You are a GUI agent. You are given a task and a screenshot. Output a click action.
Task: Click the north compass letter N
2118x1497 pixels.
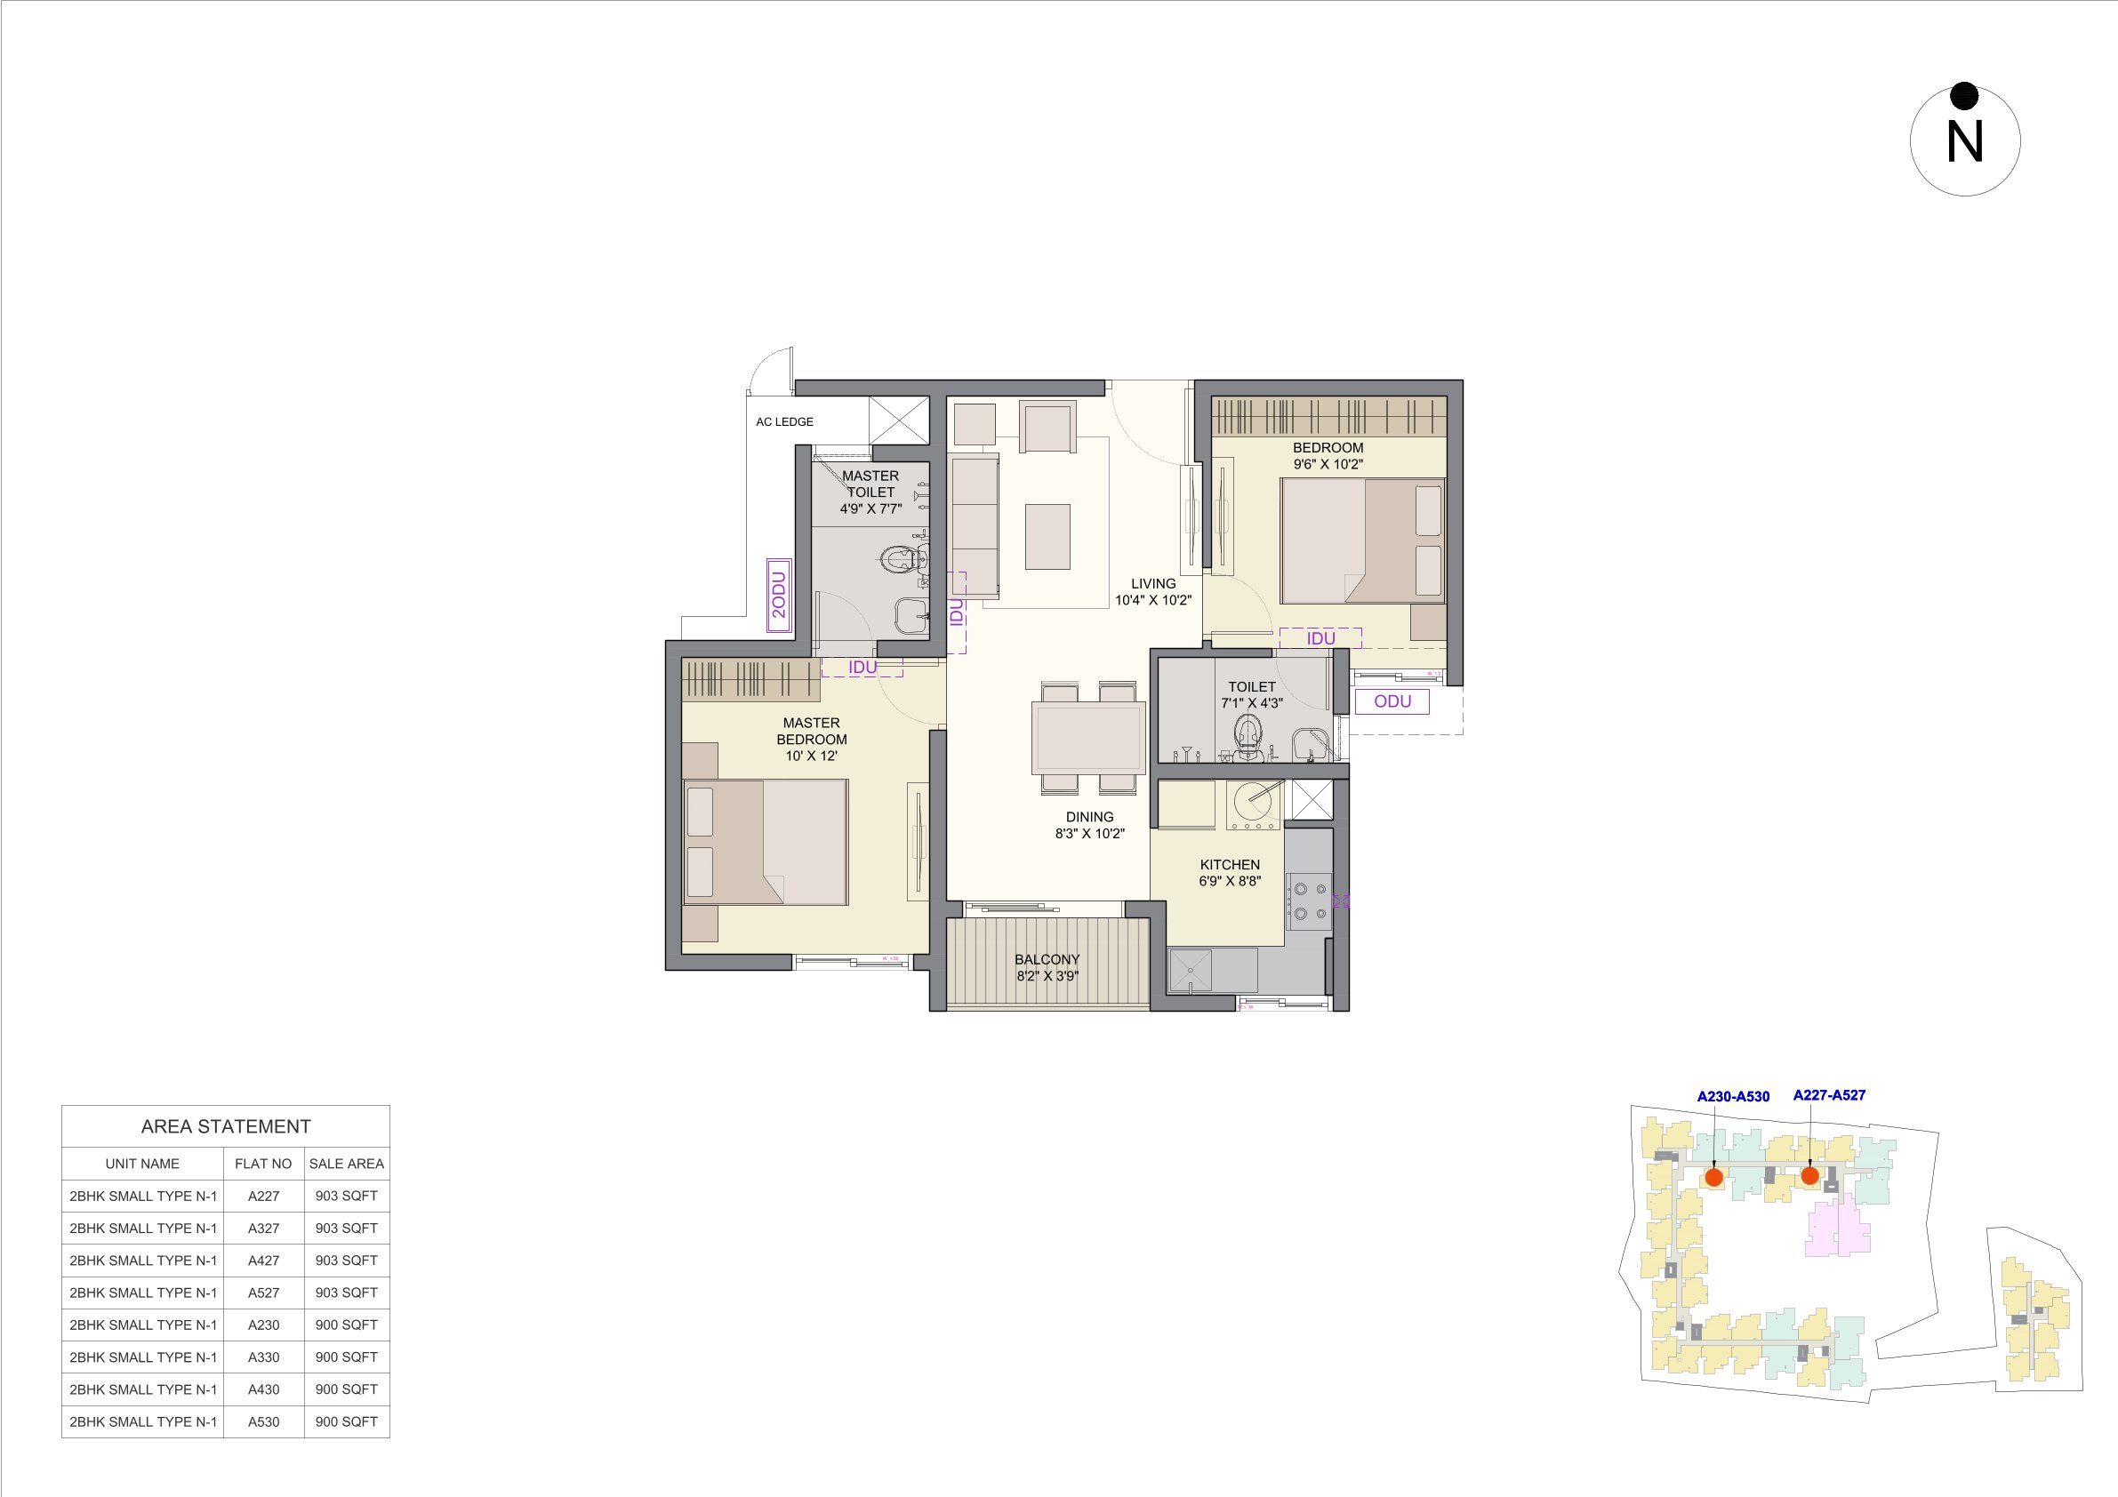[x=1964, y=143]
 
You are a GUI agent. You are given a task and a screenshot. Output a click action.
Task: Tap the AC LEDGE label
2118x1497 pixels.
[x=784, y=421]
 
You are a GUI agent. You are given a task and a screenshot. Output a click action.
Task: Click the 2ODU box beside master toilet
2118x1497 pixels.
[x=779, y=595]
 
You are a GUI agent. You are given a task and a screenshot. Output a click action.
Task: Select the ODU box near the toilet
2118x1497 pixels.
[x=1392, y=701]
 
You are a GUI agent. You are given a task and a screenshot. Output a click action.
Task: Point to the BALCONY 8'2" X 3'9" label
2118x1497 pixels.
[x=1047, y=967]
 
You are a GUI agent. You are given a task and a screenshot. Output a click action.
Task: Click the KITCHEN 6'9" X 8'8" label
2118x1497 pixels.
[x=1230, y=873]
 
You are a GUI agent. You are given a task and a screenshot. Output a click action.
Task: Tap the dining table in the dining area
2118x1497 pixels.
[x=1088, y=737]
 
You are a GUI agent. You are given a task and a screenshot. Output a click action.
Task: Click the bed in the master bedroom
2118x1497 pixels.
[x=765, y=842]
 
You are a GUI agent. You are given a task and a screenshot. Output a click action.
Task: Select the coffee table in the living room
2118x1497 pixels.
[x=1047, y=537]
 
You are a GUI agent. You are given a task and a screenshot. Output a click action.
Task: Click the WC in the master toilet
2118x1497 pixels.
[x=900, y=559]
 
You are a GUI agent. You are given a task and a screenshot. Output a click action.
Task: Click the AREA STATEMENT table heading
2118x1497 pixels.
[x=226, y=1126]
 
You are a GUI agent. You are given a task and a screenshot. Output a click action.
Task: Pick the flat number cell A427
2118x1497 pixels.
[x=263, y=1260]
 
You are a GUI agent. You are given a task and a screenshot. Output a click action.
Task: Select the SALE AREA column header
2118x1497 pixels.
[x=346, y=1163]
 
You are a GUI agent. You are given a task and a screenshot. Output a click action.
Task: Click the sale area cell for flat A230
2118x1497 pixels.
[x=346, y=1325]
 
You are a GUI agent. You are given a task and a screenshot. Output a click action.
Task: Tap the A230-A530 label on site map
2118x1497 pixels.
[x=1732, y=1097]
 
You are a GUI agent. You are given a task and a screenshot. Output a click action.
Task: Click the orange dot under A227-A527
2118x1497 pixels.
[x=1809, y=1176]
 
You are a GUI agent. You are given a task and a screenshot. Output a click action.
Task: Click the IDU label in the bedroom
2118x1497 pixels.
[x=1320, y=638]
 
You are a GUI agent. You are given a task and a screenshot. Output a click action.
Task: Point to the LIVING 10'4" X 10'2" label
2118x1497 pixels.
[x=1153, y=591]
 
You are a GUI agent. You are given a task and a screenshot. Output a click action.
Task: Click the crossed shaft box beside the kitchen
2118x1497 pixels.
[x=1312, y=800]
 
